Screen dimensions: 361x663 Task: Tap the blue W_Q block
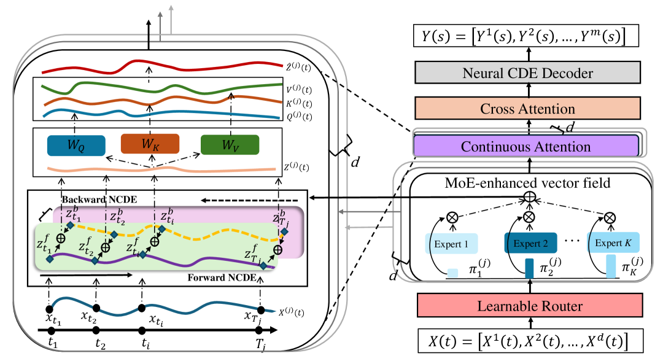[x=76, y=145]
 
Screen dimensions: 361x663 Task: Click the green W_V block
[x=230, y=145]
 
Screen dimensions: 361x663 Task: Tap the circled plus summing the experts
[x=529, y=197]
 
